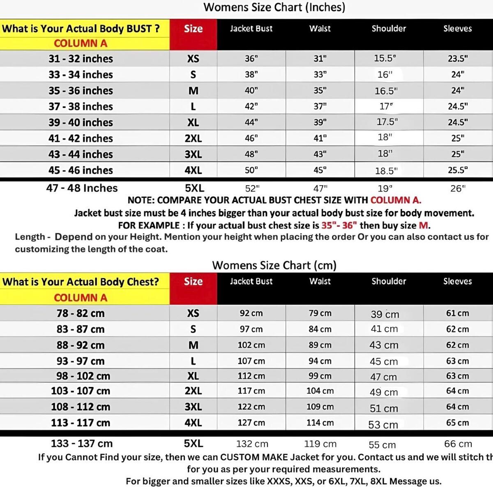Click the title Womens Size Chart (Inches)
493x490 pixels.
point(274,7)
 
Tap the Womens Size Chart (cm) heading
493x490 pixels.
point(274,265)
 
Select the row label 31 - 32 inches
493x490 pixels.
point(81,59)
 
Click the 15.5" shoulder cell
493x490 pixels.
point(385,58)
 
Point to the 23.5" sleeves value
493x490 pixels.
point(457,59)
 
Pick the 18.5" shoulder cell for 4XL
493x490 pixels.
point(386,171)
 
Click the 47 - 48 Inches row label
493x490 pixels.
point(82,188)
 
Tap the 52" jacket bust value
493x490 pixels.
point(252,189)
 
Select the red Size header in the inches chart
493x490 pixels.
point(193,29)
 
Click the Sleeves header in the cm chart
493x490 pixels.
point(457,281)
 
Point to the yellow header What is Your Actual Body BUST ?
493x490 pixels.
point(81,29)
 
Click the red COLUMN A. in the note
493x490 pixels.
point(396,200)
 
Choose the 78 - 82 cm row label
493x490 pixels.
point(81,313)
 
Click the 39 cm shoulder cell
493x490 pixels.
point(385,314)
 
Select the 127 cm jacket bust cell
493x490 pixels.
point(251,423)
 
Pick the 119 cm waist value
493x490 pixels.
point(320,444)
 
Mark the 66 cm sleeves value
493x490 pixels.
point(458,444)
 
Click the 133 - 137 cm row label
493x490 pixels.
point(81,444)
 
